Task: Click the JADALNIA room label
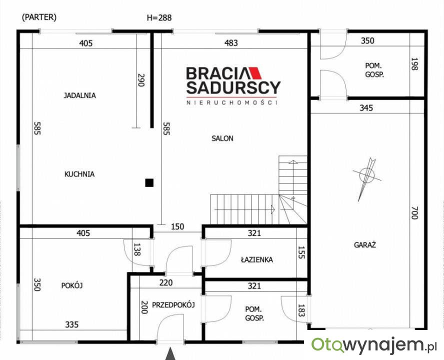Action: pyautogui.click(x=79, y=95)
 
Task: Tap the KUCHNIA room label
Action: pyautogui.click(x=79, y=174)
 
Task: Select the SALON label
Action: pyautogui.click(x=222, y=138)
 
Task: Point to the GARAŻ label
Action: pyautogui.click(x=364, y=245)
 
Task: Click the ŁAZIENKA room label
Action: pyautogui.click(x=257, y=259)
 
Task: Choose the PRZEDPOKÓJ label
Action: pyautogui.click(x=173, y=305)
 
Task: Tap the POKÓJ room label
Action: pyautogui.click(x=72, y=285)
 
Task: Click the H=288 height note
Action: pyautogui.click(x=159, y=18)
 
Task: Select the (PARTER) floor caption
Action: pyautogui.click(x=39, y=17)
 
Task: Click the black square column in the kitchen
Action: pyautogui.click(x=149, y=183)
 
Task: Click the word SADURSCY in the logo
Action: pyautogui.click(x=233, y=87)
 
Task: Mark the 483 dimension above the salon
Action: pyautogui.click(x=231, y=43)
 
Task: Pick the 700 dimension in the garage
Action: pyautogui.click(x=414, y=212)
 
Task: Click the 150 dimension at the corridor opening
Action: pyautogui.click(x=177, y=226)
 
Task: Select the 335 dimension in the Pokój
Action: pyautogui.click(x=71, y=324)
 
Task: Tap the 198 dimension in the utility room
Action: pyautogui.click(x=414, y=64)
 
